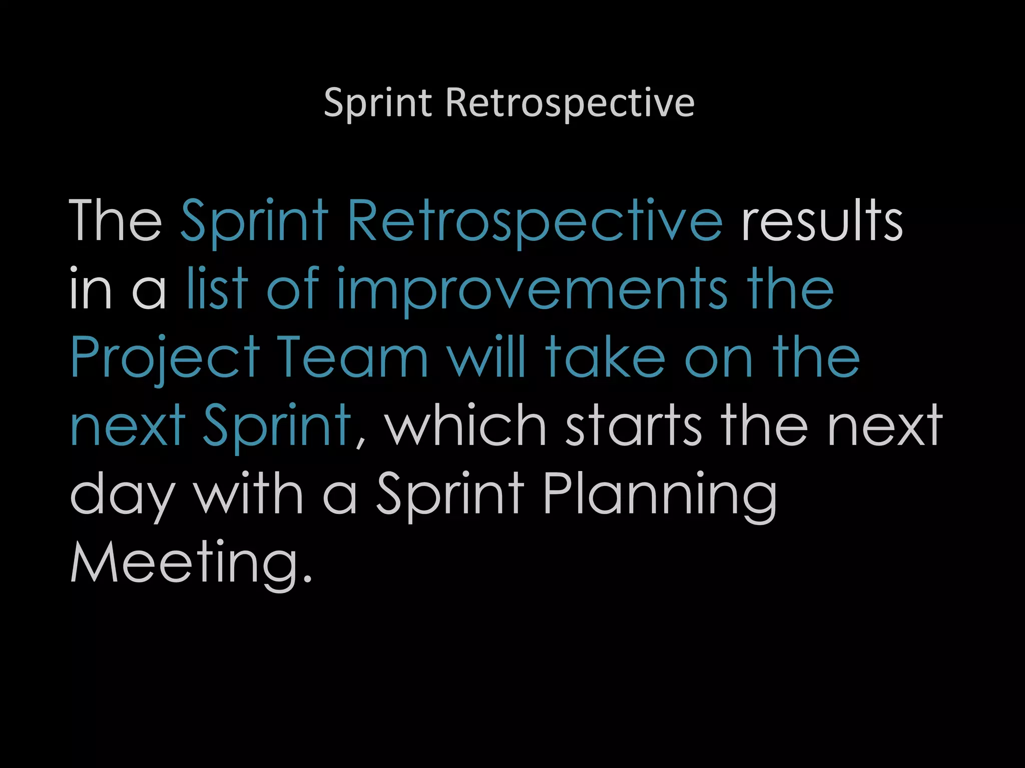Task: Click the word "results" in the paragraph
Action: (x=822, y=220)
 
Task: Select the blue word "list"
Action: (x=217, y=288)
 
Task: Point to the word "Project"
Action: (x=165, y=358)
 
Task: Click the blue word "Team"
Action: (x=353, y=357)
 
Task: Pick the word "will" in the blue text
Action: (x=486, y=357)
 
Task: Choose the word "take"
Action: (x=605, y=357)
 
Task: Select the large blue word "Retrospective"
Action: (x=535, y=221)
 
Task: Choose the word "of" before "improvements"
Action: (x=293, y=288)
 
